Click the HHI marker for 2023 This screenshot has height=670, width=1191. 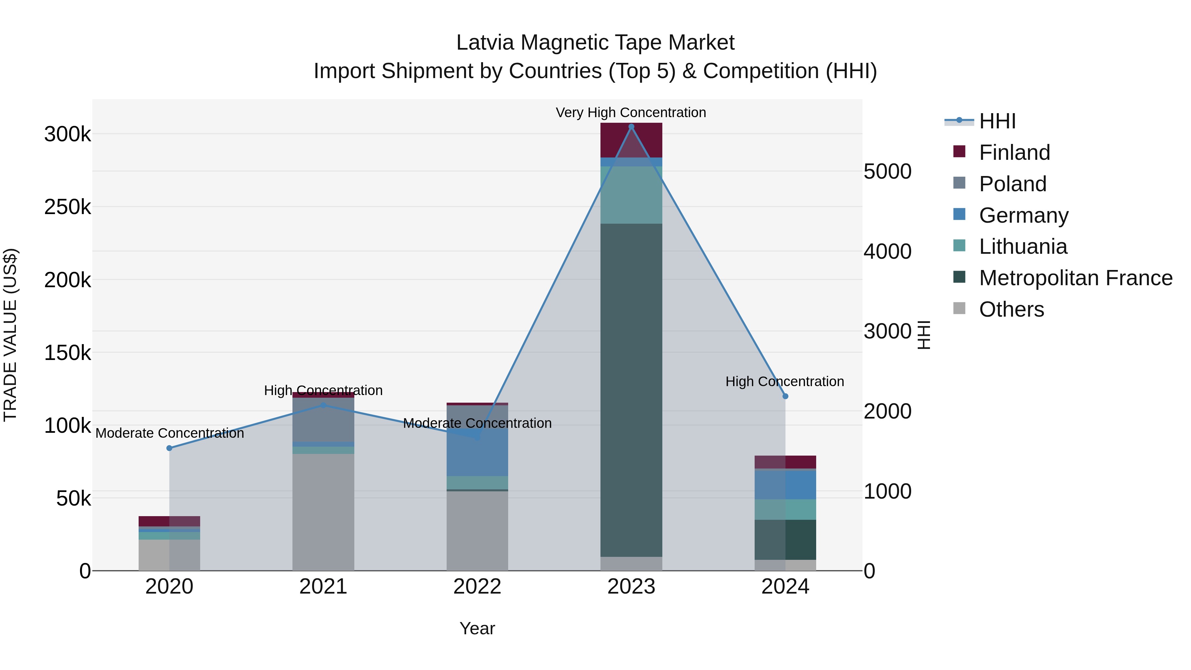pyautogui.click(x=631, y=127)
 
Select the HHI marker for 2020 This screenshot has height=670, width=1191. pyautogui.click(x=169, y=448)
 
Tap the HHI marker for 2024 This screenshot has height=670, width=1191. pyautogui.click(x=785, y=396)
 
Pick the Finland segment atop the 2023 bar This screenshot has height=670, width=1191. pyautogui.click(x=631, y=140)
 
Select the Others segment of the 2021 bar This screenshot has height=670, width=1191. pyautogui.click(x=323, y=512)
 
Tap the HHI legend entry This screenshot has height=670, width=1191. pyautogui.click(x=997, y=121)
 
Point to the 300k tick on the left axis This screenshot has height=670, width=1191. pyautogui.click(x=67, y=135)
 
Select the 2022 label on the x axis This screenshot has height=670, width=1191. pyautogui.click(x=477, y=587)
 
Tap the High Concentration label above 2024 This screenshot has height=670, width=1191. pyautogui.click(x=785, y=381)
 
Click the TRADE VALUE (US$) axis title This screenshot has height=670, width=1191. pyautogui.click(x=10, y=335)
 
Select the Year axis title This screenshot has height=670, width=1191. pyautogui.click(x=477, y=628)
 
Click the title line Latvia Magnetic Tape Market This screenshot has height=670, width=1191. pyautogui.click(x=595, y=43)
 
